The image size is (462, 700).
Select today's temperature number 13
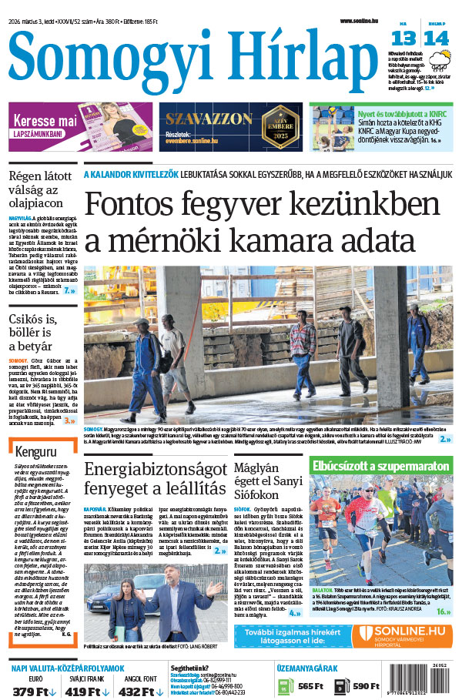(403, 38)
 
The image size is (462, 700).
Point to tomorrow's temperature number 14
(436, 38)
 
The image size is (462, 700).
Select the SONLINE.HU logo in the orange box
(403, 631)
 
